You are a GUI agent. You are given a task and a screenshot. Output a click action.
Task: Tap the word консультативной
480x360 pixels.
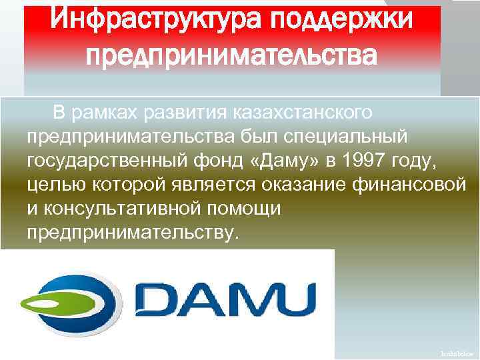coord(126,209)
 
